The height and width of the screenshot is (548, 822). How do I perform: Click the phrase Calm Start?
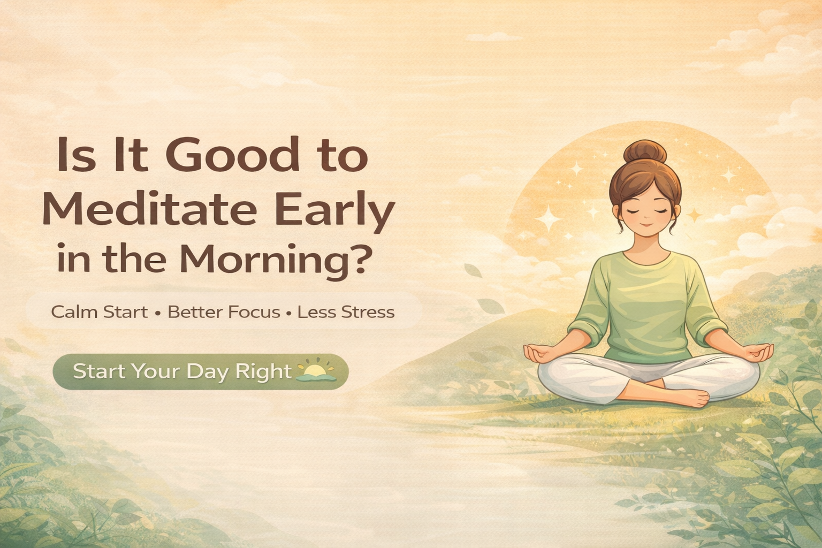pyautogui.click(x=100, y=312)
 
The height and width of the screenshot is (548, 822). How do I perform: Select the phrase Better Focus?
pyautogui.click(x=224, y=312)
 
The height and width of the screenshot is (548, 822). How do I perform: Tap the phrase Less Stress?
pyautogui.click(x=346, y=312)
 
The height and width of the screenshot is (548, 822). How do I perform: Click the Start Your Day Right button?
pyautogui.click(x=200, y=371)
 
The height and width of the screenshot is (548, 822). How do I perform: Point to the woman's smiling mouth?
pyautogui.click(x=646, y=225)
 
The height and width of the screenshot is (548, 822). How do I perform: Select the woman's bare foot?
pyautogui.click(x=690, y=398)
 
